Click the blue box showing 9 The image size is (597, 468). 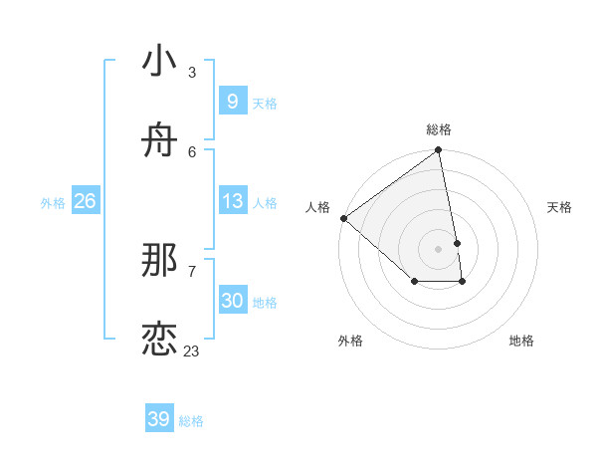point(232,101)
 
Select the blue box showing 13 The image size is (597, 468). point(232,201)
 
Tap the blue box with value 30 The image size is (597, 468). point(232,301)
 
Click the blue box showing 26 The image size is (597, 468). point(85,201)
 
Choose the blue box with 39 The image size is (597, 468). point(158,419)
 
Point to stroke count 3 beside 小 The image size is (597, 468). point(192,72)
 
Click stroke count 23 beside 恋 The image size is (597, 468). point(191,351)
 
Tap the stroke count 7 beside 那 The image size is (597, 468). point(192,271)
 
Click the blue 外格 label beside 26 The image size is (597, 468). point(53,202)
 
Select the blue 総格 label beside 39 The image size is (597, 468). point(191,421)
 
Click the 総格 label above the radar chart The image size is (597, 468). point(439,129)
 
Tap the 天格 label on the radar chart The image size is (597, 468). point(559,207)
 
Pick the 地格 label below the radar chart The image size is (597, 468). point(521,341)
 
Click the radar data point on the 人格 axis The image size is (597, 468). point(343,218)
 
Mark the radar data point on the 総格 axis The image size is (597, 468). point(439,151)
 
